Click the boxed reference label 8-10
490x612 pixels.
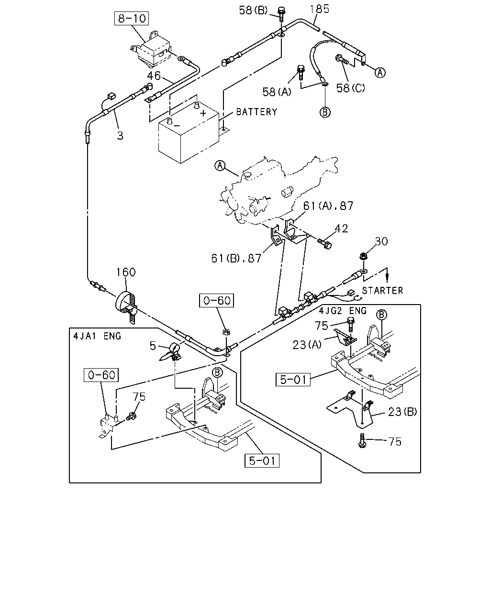click(x=131, y=19)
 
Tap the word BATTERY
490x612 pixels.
click(x=256, y=112)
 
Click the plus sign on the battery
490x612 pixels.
click(x=203, y=113)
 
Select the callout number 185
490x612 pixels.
click(x=320, y=9)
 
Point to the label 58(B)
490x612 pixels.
click(x=253, y=11)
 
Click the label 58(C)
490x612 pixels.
click(x=350, y=88)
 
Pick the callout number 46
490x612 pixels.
click(x=154, y=76)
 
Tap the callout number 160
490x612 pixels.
click(x=126, y=272)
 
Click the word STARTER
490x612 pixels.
click(x=382, y=291)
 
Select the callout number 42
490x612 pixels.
click(x=341, y=229)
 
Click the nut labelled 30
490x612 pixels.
click(x=364, y=256)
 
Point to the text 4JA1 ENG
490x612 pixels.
click(x=97, y=336)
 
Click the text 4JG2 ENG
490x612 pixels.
click(x=343, y=311)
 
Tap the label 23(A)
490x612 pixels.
click(x=307, y=345)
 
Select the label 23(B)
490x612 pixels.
click(x=402, y=412)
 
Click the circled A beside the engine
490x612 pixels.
click(x=220, y=165)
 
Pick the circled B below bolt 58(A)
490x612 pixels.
click(x=325, y=112)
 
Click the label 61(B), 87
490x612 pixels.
click(x=236, y=258)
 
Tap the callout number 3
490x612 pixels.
click(x=120, y=136)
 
